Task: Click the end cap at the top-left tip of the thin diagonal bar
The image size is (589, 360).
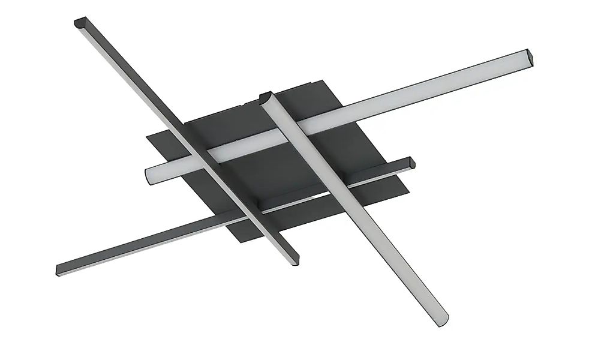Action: pyautogui.click(x=80, y=23)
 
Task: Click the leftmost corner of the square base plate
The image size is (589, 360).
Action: pyautogui.click(x=148, y=137)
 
